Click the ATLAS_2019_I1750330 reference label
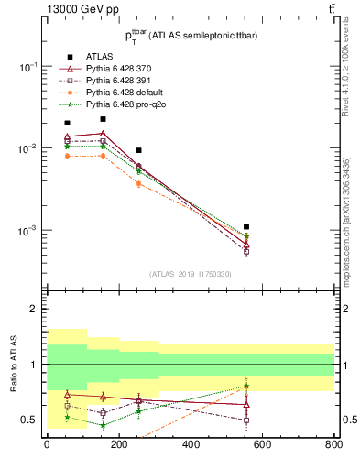(190, 274)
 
